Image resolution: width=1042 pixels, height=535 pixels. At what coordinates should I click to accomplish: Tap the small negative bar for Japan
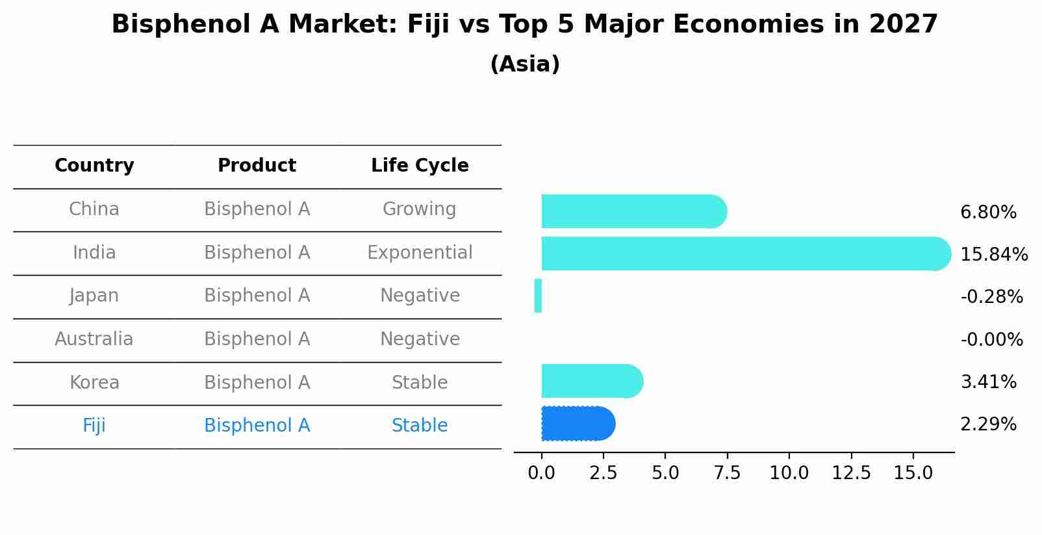[538, 296]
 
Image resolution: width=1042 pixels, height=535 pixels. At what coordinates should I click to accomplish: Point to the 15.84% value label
[993, 254]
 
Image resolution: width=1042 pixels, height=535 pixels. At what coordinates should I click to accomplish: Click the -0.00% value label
[991, 339]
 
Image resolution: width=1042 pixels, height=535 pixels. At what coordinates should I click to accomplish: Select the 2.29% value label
[988, 424]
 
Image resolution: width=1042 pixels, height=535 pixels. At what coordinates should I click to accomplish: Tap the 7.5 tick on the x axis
[727, 473]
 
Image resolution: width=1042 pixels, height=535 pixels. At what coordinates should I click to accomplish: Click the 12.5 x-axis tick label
[851, 473]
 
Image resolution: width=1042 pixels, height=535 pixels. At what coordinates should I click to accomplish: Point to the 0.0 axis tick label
[541, 473]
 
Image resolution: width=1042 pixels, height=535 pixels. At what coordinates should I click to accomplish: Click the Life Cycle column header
[420, 166]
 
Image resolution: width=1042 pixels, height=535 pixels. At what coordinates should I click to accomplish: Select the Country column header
[94, 166]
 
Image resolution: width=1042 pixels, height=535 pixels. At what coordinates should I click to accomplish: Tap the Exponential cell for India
[420, 252]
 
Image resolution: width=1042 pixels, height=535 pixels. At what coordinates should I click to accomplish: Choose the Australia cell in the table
[94, 339]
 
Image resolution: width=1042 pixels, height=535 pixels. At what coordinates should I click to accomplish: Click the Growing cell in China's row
[420, 209]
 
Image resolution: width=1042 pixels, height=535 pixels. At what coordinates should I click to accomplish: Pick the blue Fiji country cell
[94, 426]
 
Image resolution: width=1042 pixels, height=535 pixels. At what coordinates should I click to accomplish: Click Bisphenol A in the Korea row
[257, 382]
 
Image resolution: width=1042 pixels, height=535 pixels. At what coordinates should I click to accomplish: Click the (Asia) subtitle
[525, 64]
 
